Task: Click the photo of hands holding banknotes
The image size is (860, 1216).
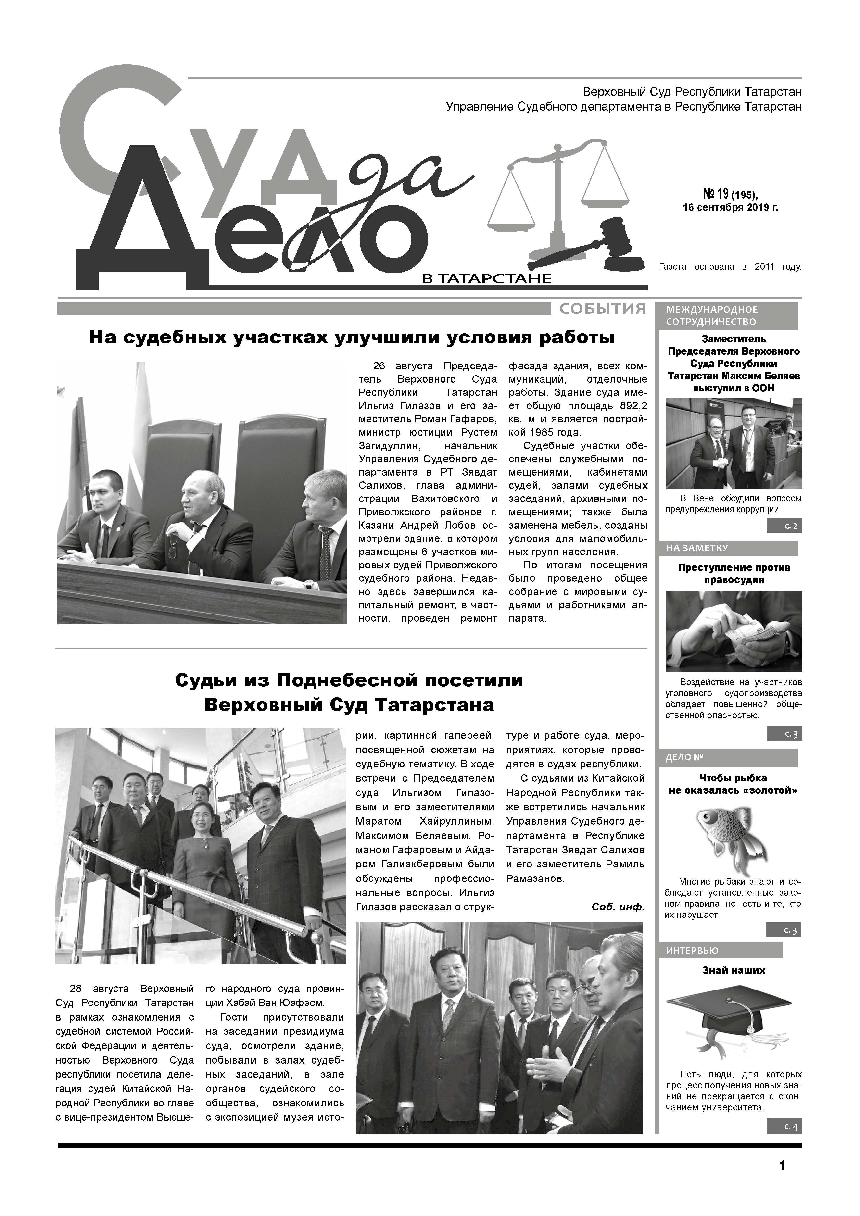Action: pyautogui.click(x=734, y=631)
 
